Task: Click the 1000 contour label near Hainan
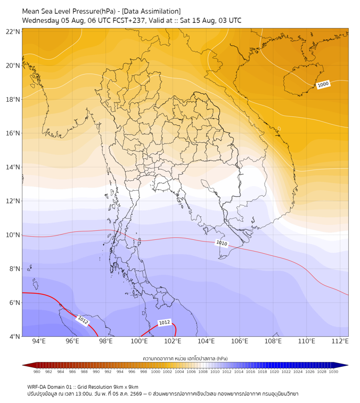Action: point(323,84)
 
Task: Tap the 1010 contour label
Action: point(222,243)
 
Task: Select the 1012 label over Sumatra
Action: point(83,320)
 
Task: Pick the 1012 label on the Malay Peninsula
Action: point(165,323)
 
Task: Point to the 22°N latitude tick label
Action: point(13,31)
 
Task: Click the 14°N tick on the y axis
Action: point(13,167)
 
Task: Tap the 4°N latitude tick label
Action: point(14,336)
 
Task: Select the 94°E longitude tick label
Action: point(39,341)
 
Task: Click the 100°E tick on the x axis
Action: point(140,341)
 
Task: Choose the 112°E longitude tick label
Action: point(340,341)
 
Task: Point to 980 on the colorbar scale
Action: point(37,372)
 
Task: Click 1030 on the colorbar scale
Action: point(333,372)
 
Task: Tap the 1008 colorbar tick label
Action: point(203,372)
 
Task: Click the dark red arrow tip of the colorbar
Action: point(23,365)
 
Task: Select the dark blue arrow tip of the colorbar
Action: point(348,365)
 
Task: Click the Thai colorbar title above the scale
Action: point(185,358)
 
